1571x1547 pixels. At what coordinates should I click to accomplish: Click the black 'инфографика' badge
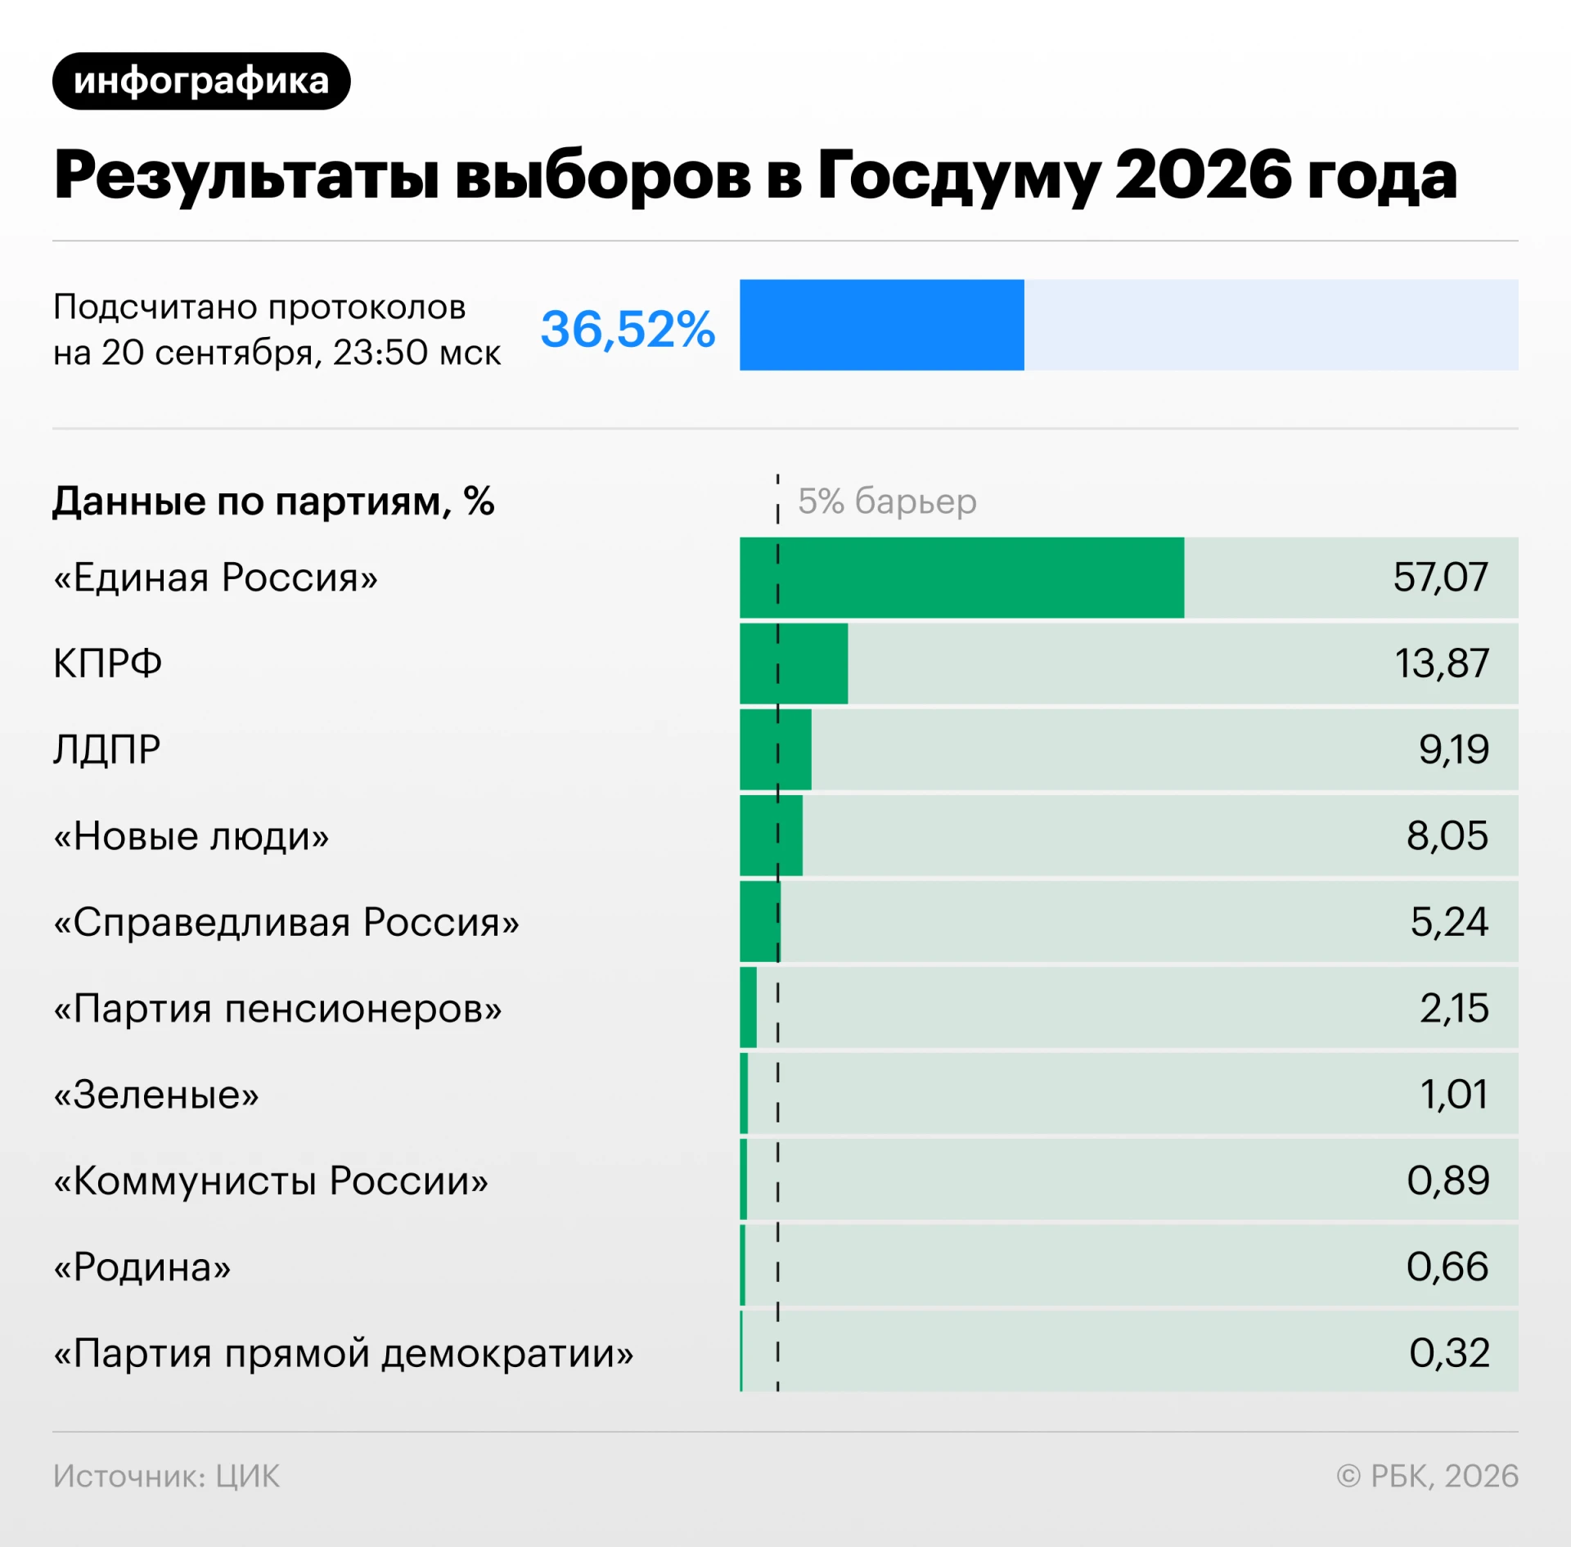[x=201, y=81]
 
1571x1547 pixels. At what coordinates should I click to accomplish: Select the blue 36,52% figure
[x=628, y=329]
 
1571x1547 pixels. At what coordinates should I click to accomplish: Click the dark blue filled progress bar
[x=882, y=325]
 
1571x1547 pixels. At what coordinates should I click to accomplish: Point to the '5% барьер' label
[x=887, y=501]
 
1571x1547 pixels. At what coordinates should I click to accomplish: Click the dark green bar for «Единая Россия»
[x=961, y=578]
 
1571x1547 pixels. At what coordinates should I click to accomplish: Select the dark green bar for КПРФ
[x=794, y=663]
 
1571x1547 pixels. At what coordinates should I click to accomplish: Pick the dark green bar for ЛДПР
[x=776, y=749]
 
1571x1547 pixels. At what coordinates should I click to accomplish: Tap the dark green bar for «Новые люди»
[x=771, y=835]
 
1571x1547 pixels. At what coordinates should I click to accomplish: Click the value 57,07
[x=1440, y=578]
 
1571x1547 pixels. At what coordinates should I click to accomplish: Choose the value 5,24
[x=1449, y=922]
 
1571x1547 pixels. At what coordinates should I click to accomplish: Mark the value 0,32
[x=1449, y=1352]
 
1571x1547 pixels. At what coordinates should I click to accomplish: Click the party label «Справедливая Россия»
[x=286, y=923]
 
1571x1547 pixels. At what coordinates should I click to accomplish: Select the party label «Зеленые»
[x=156, y=1095]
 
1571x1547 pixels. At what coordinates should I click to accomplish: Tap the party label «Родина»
[x=142, y=1267]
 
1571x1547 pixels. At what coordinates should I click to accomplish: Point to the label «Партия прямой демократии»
[x=344, y=1353]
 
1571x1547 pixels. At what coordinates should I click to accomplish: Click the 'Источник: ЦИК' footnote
[x=166, y=1476]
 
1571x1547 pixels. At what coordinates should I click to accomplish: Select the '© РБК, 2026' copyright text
[x=1427, y=1476]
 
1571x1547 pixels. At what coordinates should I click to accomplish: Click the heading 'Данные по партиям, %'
[x=273, y=501]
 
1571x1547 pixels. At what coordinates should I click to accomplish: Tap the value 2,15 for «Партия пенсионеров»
[x=1454, y=1008]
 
